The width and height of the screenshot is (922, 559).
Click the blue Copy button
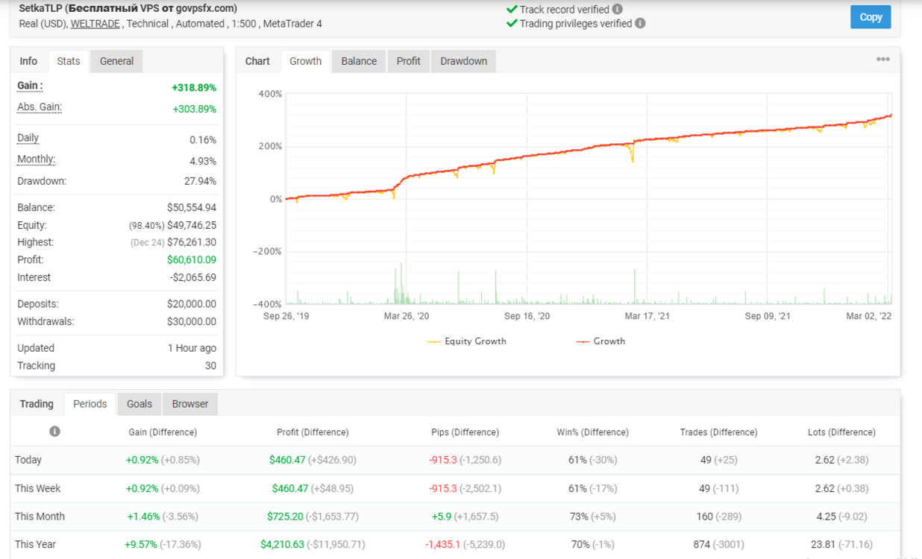[871, 17]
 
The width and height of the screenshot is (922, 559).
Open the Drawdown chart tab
[463, 61]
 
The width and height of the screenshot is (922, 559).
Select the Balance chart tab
[359, 61]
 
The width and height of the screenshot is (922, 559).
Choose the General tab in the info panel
[116, 61]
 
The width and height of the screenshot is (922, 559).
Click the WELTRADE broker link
[95, 24]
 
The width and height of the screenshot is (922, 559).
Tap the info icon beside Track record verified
[617, 9]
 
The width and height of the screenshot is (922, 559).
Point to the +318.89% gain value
[194, 88]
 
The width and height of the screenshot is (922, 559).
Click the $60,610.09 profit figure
[192, 259]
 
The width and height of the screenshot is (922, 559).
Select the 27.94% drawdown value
[200, 181]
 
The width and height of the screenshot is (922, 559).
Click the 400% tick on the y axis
[270, 94]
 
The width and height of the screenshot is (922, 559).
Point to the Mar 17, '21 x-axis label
[647, 316]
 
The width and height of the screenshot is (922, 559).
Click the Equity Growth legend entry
[467, 341]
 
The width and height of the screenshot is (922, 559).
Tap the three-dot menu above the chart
[883, 59]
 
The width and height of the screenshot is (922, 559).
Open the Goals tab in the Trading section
[139, 404]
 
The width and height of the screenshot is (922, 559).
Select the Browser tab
[190, 404]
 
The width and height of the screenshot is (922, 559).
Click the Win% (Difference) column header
[593, 432]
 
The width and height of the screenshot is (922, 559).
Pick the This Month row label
[40, 517]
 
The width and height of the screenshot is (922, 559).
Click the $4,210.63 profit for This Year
[283, 544]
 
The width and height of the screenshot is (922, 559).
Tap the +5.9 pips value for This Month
[442, 517]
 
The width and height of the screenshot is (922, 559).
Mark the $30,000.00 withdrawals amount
[192, 321]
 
